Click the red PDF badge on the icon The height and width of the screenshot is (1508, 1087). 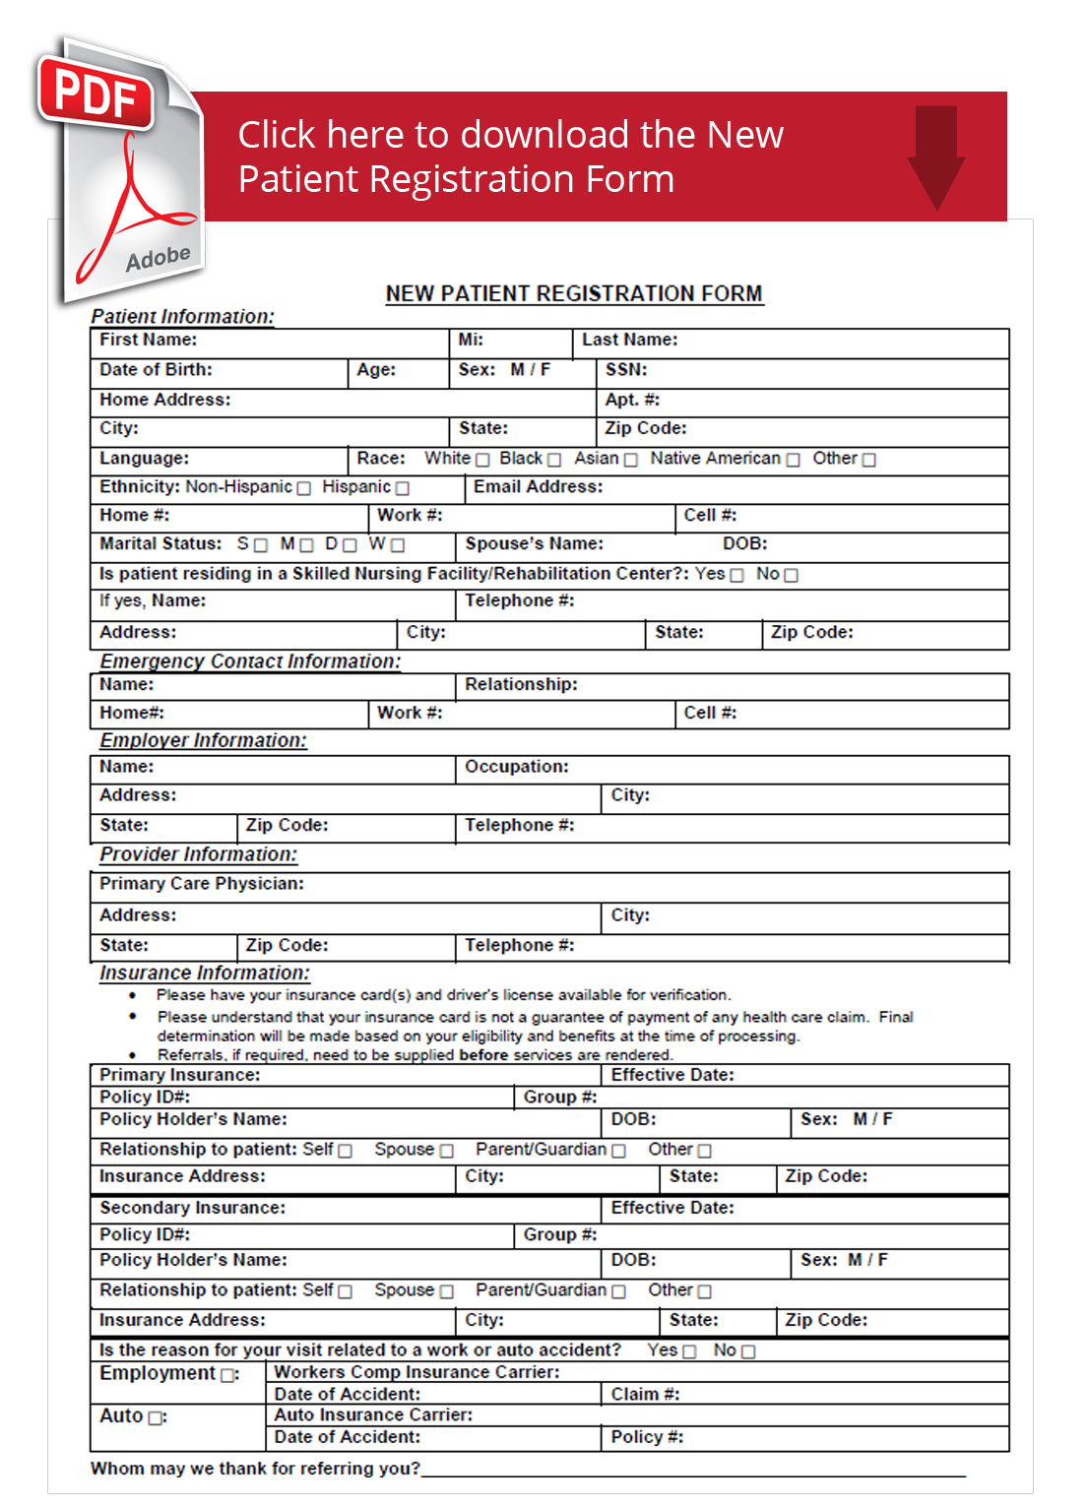(96, 94)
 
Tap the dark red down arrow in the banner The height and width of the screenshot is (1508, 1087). (935, 157)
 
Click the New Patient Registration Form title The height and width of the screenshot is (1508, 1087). (574, 293)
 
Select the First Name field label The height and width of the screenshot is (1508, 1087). (148, 340)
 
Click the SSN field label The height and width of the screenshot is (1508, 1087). (626, 370)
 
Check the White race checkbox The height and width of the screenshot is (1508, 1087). (482, 460)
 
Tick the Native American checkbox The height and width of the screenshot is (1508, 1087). (793, 460)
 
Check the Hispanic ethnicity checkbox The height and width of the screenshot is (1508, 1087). (402, 488)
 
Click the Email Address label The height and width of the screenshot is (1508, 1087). (538, 487)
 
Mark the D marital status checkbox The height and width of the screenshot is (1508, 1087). (350, 545)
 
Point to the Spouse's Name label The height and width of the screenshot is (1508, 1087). (534, 544)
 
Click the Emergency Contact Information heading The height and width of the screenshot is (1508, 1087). (250, 661)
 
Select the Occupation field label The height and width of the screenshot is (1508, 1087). (516, 767)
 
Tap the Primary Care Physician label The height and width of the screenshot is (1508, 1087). (201, 884)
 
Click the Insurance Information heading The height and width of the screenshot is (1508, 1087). (204, 973)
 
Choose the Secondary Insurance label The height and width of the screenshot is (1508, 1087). (192, 1208)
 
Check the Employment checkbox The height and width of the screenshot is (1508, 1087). (228, 1375)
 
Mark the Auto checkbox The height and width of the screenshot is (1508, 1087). (155, 1417)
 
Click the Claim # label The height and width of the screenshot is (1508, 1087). (645, 1395)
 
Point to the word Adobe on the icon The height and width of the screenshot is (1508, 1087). (158, 259)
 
